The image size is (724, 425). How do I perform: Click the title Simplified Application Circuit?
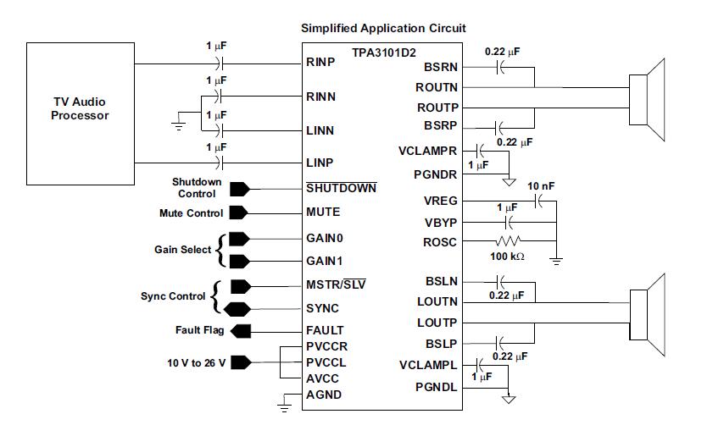(x=383, y=28)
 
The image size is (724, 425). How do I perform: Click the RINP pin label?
(x=320, y=63)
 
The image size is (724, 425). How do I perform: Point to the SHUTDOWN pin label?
(x=341, y=187)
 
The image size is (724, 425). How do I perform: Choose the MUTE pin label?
(x=323, y=212)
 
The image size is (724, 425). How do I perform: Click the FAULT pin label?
(x=325, y=330)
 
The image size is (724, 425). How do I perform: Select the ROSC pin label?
(x=440, y=242)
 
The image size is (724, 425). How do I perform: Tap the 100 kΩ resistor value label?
(x=507, y=256)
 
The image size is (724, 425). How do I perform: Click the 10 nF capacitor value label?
(x=541, y=185)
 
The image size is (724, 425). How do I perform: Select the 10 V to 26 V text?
(x=196, y=362)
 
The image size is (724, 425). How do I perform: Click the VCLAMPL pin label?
(x=427, y=365)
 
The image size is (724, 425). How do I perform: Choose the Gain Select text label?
(x=183, y=250)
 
